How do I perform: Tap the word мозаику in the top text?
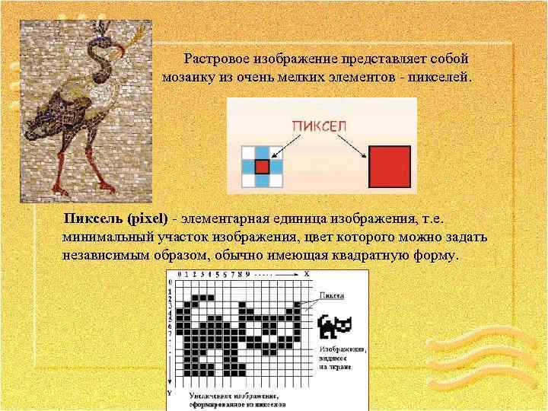(x=188, y=78)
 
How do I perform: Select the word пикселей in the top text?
(x=441, y=78)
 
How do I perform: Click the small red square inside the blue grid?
(x=263, y=166)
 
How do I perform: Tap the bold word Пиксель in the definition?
(x=94, y=219)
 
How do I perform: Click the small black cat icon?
(x=334, y=327)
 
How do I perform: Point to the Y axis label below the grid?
(x=170, y=393)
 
